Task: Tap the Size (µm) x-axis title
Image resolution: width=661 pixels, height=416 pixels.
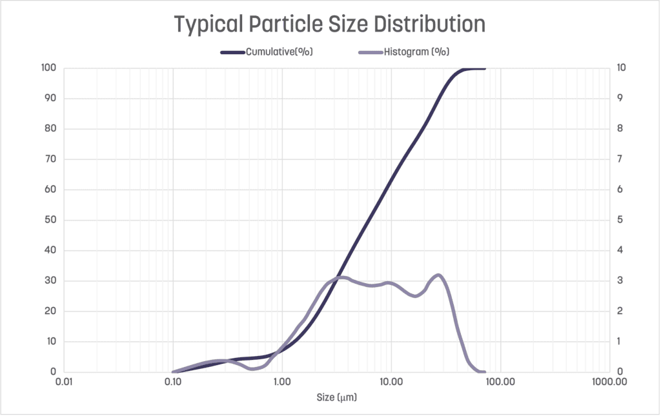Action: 336,398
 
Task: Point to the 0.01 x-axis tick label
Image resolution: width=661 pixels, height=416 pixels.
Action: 63,382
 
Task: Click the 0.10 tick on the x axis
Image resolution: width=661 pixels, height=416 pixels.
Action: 172,382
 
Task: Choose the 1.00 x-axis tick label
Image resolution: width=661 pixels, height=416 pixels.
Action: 281,382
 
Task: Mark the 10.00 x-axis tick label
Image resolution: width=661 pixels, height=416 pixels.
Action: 391,382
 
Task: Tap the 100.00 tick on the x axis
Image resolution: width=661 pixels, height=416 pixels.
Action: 500,382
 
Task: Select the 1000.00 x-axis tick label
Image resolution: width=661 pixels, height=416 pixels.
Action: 609,382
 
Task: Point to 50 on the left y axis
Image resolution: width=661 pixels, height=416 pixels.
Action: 50,220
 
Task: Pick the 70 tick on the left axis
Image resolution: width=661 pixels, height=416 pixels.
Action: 50,159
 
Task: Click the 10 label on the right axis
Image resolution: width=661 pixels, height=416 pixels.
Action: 620,68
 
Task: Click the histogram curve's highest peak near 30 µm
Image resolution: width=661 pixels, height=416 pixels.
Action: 438,275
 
